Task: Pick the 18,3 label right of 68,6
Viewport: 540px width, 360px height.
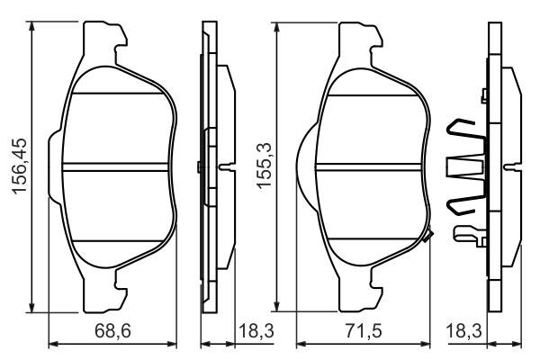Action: [x=256, y=331]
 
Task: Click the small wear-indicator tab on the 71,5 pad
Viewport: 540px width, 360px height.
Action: [x=429, y=237]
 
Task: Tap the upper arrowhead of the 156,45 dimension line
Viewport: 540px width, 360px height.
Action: [x=32, y=26]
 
